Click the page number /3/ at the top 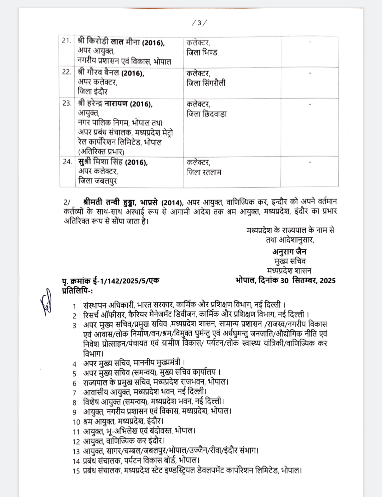[x=199, y=23]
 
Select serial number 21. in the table [x=66, y=41]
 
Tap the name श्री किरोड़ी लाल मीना [x=109, y=42]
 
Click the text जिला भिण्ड [x=202, y=53]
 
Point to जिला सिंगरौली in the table [x=206, y=83]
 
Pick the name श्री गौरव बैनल [x=99, y=73]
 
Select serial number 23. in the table [x=67, y=103]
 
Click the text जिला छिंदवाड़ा [x=207, y=114]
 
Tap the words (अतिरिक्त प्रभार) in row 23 [x=101, y=152]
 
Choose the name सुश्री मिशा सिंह [x=100, y=162]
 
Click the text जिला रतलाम [x=204, y=173]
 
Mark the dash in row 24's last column [x=310, y=162]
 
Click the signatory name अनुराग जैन [x=289, y=252]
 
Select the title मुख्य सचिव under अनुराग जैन [x=290, y=261]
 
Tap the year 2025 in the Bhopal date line [x=328, y=281]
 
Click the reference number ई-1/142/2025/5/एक [x=126, y=281]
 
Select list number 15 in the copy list [x=76, y=471]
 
